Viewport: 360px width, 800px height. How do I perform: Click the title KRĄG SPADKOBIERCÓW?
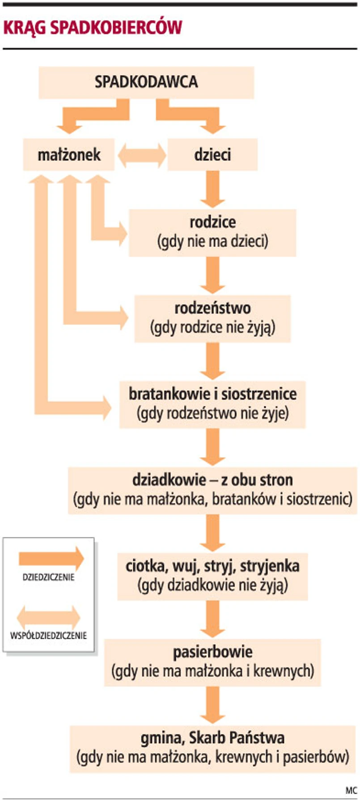(93, 27)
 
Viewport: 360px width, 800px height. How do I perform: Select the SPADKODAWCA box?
(146, 82)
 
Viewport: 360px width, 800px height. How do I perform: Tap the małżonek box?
(69, 155)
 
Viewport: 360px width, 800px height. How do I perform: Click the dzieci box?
(212, 155)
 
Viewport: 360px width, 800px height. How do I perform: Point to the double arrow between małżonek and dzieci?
(141, 155)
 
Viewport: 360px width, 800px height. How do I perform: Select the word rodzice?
(212, 222)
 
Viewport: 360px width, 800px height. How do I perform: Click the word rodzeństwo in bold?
(212, 308)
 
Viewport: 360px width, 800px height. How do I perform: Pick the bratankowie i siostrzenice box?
(212, 404)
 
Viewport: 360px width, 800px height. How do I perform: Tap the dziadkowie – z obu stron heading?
(212, 480)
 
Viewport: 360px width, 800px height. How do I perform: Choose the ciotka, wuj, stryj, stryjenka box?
(212, 576)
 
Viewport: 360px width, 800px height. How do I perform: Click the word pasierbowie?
(212, 652)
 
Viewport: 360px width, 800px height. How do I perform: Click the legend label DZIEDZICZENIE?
(48, 577)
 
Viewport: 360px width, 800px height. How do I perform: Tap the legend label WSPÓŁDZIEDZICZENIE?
(48, 635)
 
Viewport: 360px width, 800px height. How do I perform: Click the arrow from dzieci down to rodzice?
(212, 189)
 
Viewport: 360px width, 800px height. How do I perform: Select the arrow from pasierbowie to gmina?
(212, 705)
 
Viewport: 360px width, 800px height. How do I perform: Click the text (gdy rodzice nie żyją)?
(212, 328)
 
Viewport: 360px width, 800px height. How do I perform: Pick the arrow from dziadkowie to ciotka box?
(212, 532)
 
